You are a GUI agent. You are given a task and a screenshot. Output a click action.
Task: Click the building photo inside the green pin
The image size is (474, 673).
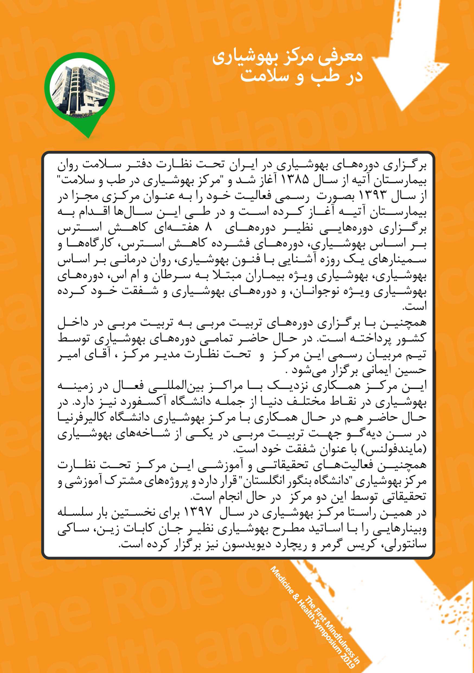79,88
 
